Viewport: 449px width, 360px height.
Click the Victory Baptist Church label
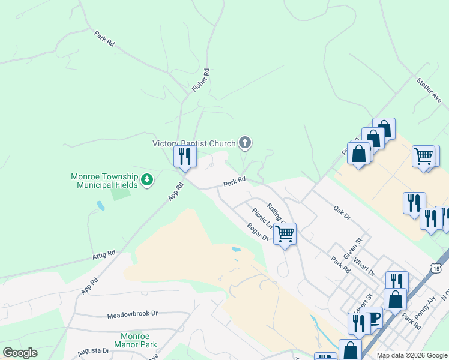point(194,143)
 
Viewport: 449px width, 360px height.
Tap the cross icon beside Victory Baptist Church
point(244,143)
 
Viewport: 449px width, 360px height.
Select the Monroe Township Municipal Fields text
point(104,181)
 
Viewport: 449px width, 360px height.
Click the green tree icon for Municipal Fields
point(146,179)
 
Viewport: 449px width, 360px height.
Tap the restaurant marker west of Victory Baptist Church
point(185,157)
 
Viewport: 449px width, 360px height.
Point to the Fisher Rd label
point(200,80)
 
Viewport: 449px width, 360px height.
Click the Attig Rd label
point(104,256)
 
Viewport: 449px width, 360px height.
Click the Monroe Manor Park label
point(139,340)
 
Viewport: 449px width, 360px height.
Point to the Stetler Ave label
point(429,89)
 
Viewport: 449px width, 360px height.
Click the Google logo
point(20,353)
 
